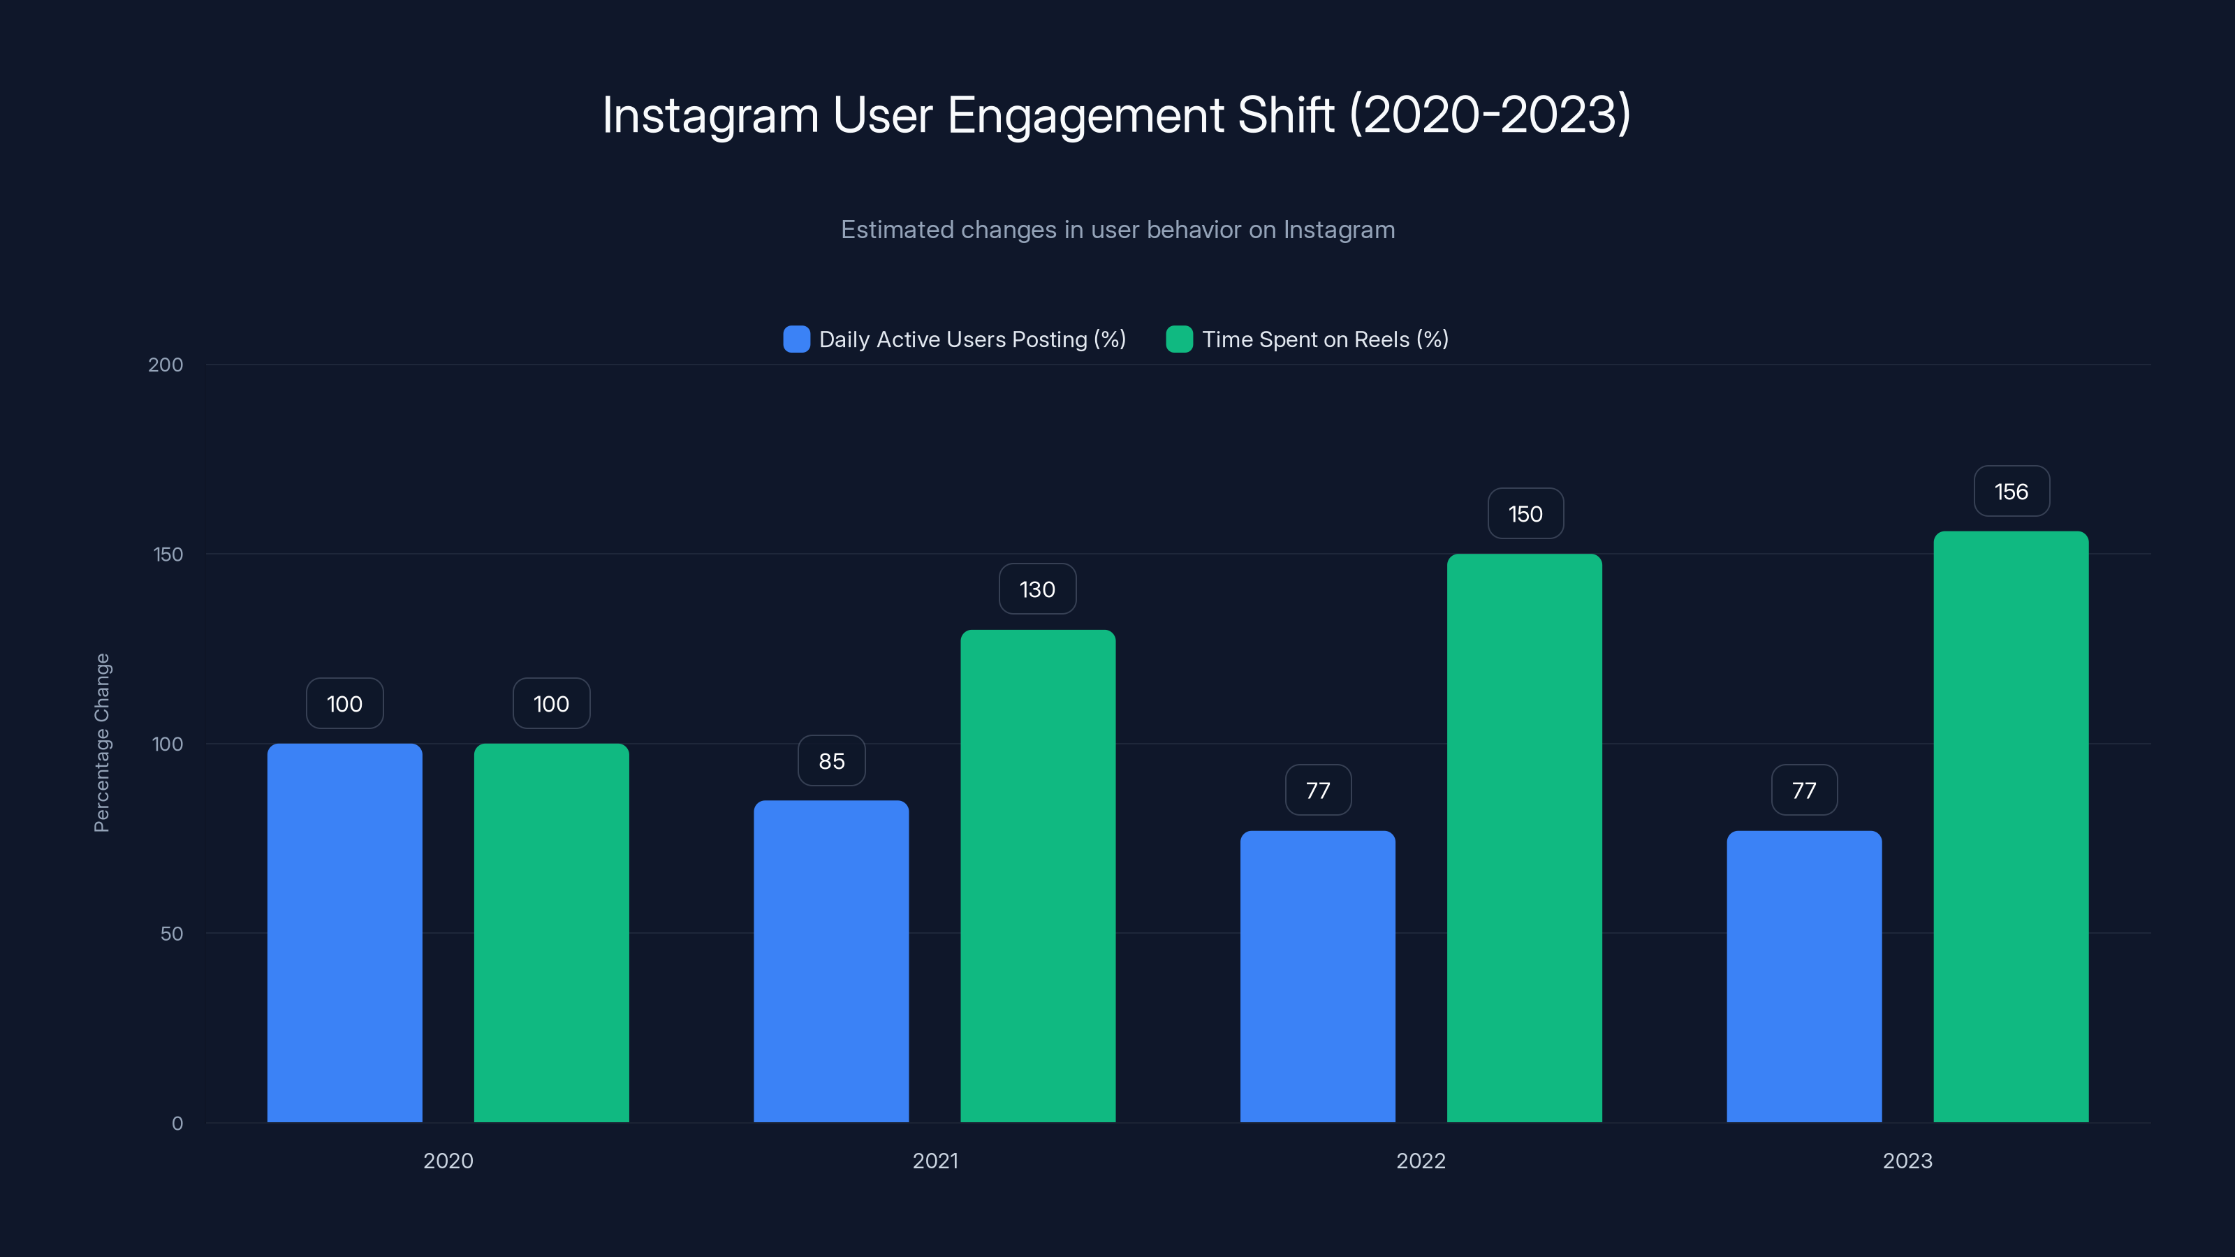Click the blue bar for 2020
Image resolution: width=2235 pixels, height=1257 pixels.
point(344,932)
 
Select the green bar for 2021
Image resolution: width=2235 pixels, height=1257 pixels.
point(1038,876)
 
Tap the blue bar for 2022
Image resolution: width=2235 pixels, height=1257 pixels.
point(1317,976)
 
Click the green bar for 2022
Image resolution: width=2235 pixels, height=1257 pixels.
point(1525,838)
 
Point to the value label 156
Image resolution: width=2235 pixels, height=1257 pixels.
point(2012,492)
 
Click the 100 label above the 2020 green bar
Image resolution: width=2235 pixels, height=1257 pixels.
point(551,703)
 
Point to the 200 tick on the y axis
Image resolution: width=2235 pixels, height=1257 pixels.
point(166,365)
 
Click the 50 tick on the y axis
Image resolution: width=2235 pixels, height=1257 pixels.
point(172,934)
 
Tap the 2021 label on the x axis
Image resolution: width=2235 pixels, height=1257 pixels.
point(935,1161)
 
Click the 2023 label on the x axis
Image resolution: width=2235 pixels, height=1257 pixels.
point(1907,1161)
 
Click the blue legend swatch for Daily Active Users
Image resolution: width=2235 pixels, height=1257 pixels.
point(796,339)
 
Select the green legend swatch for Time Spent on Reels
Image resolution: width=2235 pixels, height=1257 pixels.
point(1179,339)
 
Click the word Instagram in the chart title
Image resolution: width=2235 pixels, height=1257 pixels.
point(710,115)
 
